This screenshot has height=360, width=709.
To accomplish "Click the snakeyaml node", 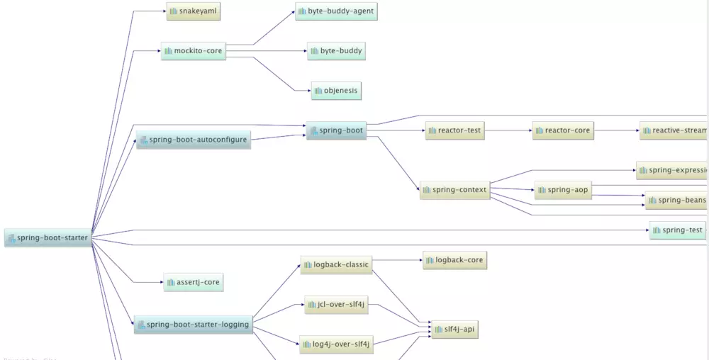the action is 191,11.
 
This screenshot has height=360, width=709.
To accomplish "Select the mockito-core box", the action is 194,51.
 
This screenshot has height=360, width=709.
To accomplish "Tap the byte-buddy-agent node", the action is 336,11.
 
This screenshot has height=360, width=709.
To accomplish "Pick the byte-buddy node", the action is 336,51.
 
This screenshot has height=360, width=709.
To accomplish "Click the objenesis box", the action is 336,91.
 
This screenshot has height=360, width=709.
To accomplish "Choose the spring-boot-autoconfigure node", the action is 193,140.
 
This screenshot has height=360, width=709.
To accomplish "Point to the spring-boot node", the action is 336,131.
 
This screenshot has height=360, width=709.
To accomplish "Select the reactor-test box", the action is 455,130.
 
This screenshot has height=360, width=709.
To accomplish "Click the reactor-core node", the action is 562,130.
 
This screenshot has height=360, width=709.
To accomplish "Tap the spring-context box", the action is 454,190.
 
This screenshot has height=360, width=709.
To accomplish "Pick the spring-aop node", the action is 563,190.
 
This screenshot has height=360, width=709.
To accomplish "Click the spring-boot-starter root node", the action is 48,238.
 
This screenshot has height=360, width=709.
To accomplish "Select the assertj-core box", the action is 193,282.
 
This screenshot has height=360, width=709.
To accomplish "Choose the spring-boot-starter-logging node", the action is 193,325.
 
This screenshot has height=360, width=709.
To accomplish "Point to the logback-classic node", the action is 335,265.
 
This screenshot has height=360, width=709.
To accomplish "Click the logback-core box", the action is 454,260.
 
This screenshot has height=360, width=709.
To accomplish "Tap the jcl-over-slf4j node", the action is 336,305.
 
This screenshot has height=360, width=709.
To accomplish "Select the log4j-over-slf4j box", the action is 335,344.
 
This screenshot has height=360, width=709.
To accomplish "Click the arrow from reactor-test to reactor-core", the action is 509,130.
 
